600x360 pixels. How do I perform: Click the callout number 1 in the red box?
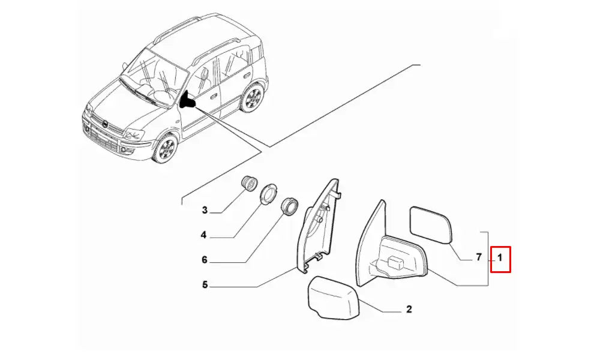[500, 258]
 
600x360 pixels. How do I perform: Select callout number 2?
[409, 309]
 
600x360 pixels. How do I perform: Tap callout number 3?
[205, 210]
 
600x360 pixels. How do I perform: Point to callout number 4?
[204, 235]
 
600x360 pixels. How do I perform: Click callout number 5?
[205, 284]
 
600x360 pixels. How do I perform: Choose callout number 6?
[205, 260]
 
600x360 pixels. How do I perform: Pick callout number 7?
[479, 257]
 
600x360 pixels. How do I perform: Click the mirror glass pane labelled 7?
[431, 225]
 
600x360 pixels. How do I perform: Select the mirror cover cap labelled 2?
[333, 297]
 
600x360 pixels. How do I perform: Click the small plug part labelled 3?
[249, 183]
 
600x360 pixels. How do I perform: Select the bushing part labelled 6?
[289, 207]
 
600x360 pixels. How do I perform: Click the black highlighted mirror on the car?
[187, 101]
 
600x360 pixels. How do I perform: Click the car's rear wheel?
[253, 98]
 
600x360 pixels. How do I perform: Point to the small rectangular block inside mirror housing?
[396, 263]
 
